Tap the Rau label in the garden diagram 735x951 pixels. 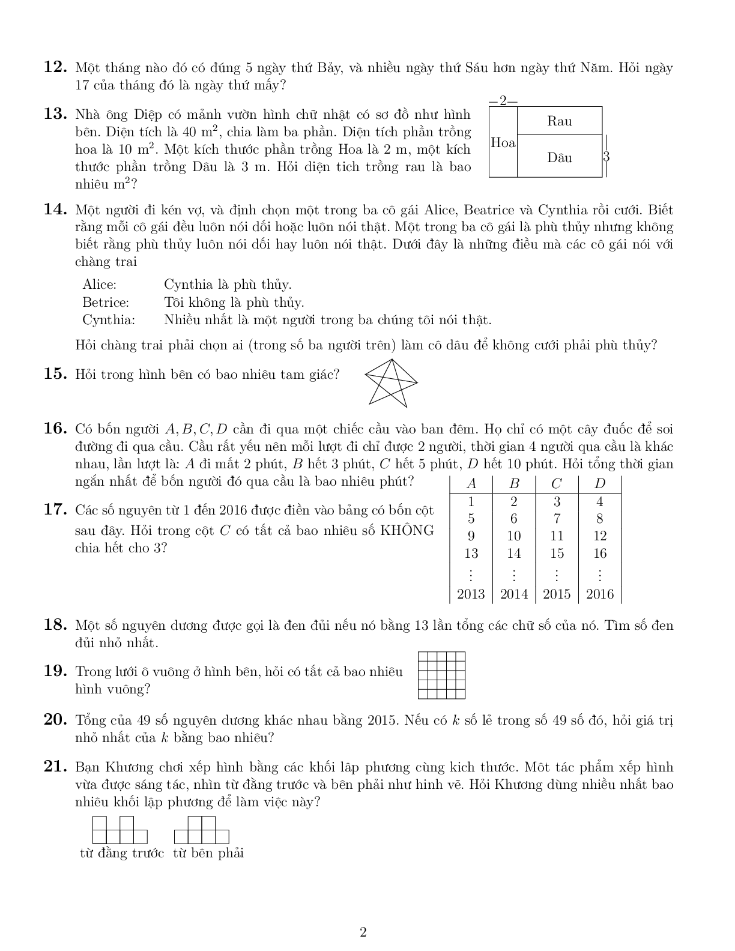click(x=559, y=121)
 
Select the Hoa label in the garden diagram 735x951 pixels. click(x=503, y=143)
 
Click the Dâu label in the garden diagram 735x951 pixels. click(x=559, y=158)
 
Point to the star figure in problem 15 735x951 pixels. click(x=391, y=382)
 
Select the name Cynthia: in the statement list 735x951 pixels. click(x=109, y=319)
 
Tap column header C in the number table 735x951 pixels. click(x=557, y=484)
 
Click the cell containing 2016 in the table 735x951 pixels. click(x=599, y=594)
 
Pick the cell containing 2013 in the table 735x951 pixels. click(x=471, y=594)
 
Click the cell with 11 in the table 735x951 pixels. click(x=557, y=536)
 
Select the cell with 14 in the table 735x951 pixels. click(x=513, y=554)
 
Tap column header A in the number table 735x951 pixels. click(x=471, y=484)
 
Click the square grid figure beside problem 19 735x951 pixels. click(x=441, y=675)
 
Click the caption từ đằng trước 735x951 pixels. click(x=122, y=853)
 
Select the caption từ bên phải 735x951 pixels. click(x=208, y=853)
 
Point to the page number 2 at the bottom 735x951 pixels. click(x=363, y=932)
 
